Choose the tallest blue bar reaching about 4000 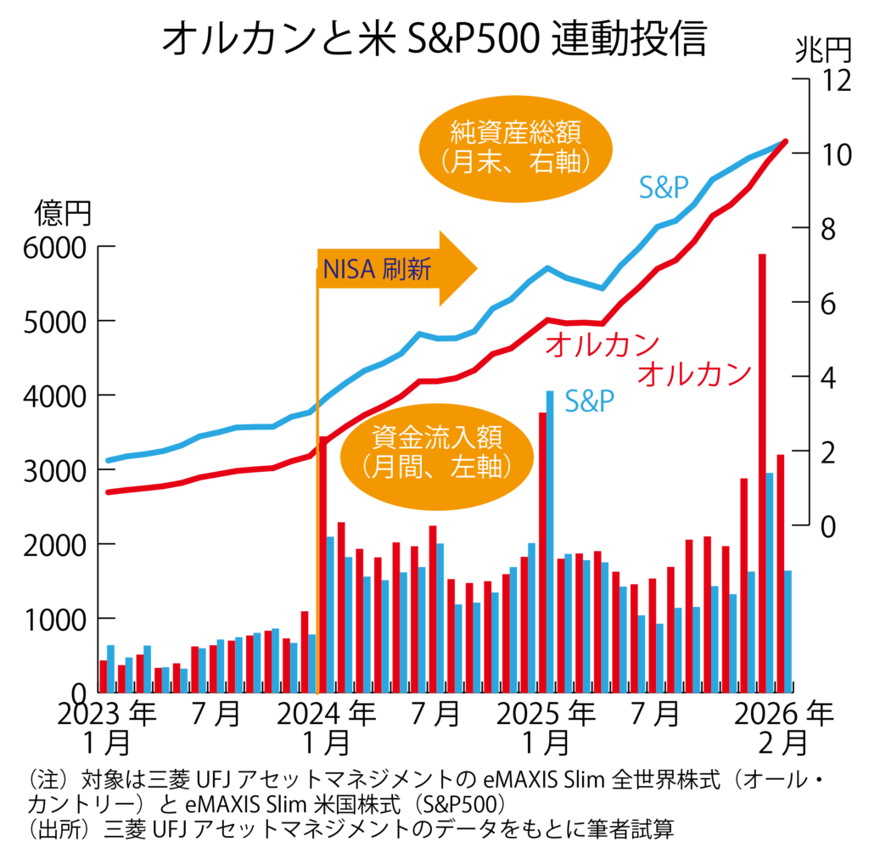550,540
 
